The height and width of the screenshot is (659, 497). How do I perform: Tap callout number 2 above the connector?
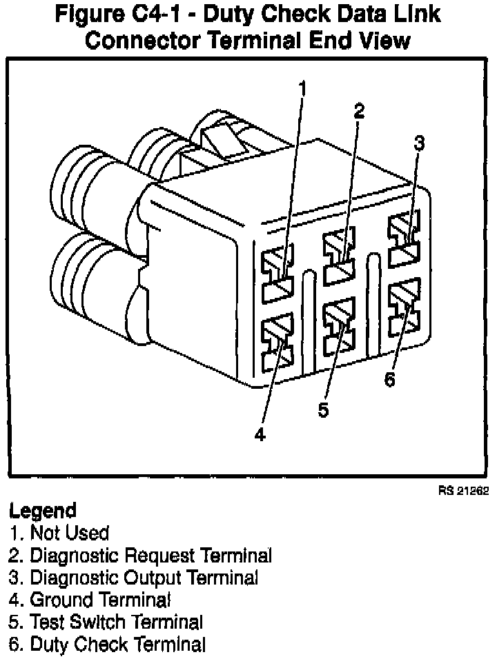point(359,110)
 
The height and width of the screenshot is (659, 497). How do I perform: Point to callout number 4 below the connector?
point(260,435)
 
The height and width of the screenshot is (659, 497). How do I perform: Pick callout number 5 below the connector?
point(323,409)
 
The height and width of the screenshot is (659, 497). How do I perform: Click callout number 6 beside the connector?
point(390,380)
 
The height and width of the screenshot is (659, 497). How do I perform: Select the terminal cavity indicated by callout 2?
point(338,257)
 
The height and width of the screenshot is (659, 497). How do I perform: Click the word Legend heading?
point(42,511)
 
